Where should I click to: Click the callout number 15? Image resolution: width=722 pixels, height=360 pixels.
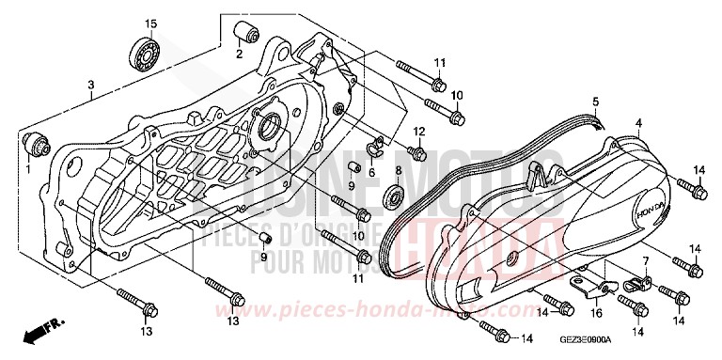tap(149, 23)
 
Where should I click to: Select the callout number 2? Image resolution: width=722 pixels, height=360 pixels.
tap(239, 54)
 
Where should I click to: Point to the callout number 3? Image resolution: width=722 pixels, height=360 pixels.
tap(90, 86)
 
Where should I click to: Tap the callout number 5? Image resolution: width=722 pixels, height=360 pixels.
tap(595, 101)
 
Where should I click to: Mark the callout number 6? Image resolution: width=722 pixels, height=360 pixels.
tap(371, 172)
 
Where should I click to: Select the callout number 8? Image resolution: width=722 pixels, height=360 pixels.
tap(398, 171)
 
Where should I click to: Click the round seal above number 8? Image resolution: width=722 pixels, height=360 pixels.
tap(396, 197)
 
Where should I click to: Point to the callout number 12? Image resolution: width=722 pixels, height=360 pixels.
tap(419, 131)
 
